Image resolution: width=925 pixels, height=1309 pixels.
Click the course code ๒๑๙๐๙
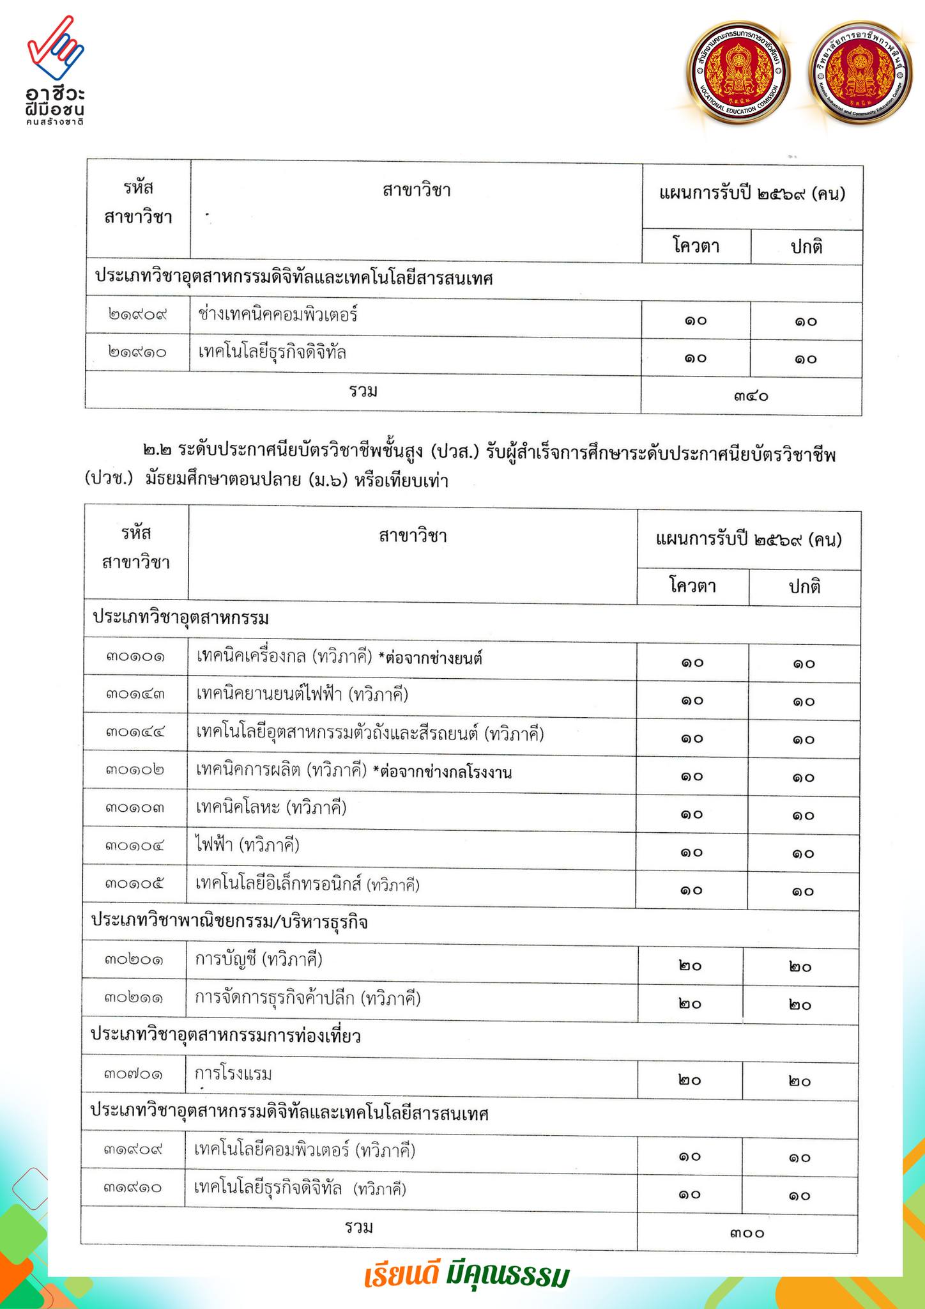click(137, 316)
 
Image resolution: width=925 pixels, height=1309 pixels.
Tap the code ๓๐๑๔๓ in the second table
click(135, 695)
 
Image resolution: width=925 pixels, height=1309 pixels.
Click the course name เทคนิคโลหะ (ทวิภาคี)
click(271, 809)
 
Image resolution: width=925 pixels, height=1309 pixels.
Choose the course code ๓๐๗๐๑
click(134, 1074)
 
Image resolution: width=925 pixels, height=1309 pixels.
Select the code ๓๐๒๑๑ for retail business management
click(134, 998)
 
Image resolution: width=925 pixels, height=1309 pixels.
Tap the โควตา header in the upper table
click(696, 247)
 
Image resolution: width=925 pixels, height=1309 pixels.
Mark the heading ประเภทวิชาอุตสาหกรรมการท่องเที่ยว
click(226, 1036)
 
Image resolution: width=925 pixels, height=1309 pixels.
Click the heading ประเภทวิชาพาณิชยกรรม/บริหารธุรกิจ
click(229, 922)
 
